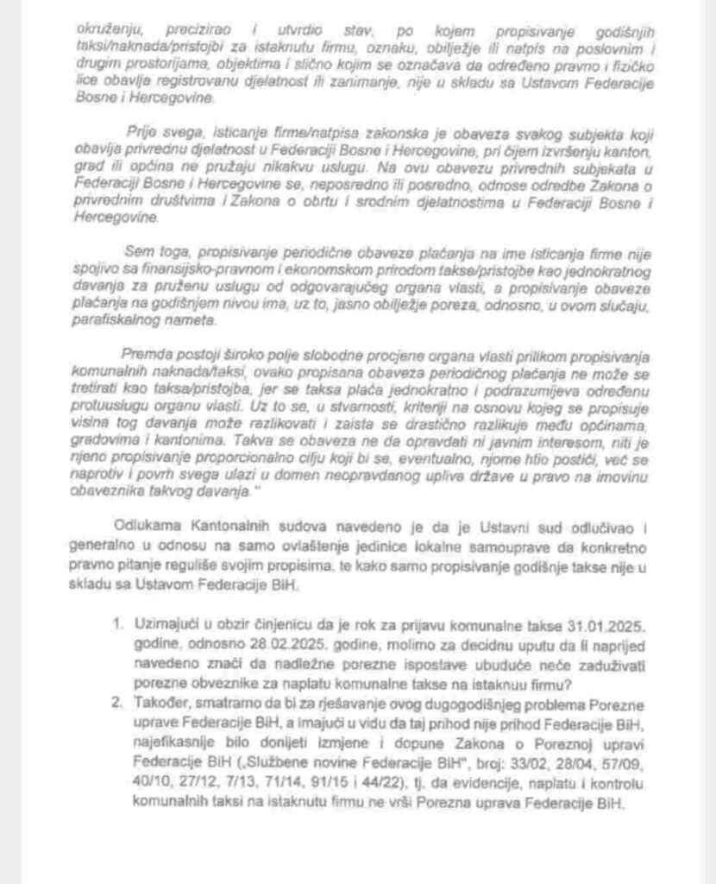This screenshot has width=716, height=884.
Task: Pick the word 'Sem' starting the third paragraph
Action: click(139, 253)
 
